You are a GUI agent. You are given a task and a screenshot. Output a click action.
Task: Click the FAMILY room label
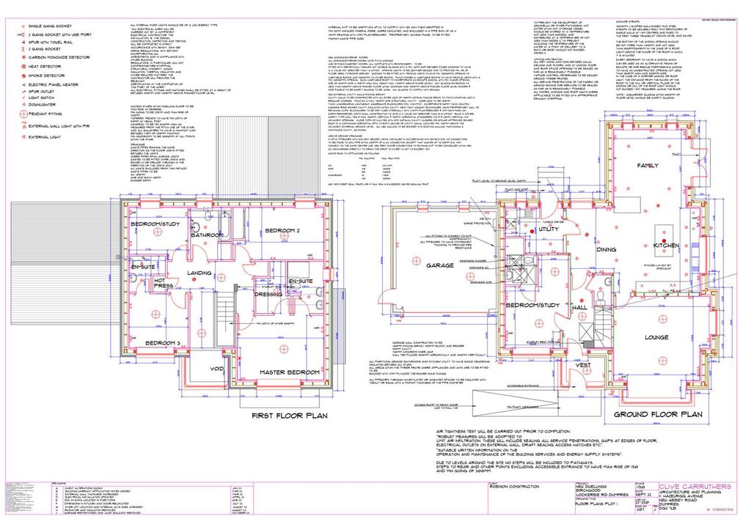(x=648, y=166)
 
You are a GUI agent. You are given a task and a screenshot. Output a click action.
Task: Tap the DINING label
(x=606, y=250)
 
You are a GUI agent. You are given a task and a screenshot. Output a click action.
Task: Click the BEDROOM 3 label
(x=162, y=343)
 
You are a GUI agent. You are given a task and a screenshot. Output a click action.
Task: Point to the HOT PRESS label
(x=164, y=282)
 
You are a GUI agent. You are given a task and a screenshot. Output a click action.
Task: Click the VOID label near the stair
(x=217, y=369)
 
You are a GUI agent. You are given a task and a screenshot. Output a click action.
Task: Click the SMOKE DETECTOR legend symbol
(x=22, y=75)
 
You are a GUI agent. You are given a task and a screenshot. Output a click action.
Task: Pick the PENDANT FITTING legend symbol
(x=22, y=114)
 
